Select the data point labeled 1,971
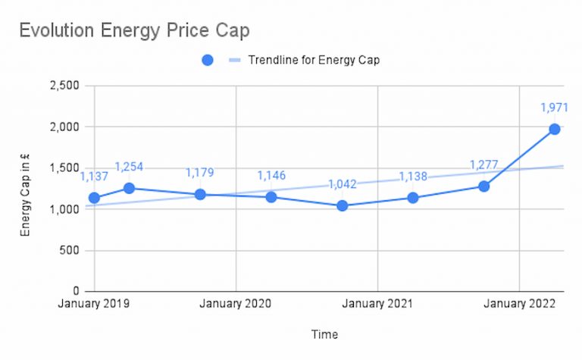(x=555, y=129)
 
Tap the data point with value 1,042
(x=343, y=205)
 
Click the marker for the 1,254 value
(x=129, y=188)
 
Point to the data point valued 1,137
(x=94, y=198)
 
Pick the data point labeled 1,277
(x=483, y=186)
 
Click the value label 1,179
(x=201, y=174)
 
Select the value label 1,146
(x=272, y=176)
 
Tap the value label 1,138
(x=413, y=177)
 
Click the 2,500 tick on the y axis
(x=65, y=86)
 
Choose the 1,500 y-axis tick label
(x=65, y=168)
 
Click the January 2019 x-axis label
(x=94, y=304)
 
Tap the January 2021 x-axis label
(x=377, y=304)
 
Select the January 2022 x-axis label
(x=518, y=304)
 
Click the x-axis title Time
(x=324, y=334)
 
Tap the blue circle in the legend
(x=208, y=61)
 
